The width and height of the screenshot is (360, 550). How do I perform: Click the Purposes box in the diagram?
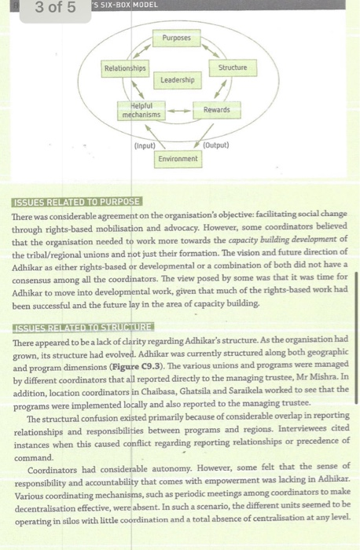(176, 38)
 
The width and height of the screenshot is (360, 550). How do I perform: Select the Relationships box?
(125, 68)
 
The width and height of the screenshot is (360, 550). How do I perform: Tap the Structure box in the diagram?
(232, 68)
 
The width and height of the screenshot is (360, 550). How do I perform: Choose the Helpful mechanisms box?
(141, 110)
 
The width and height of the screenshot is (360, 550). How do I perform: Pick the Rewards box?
(216, 109)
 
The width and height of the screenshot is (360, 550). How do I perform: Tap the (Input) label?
(145, 146)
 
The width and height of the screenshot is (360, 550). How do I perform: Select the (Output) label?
(215, 146)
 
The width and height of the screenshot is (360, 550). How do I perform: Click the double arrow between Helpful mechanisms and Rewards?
(178, 111)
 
